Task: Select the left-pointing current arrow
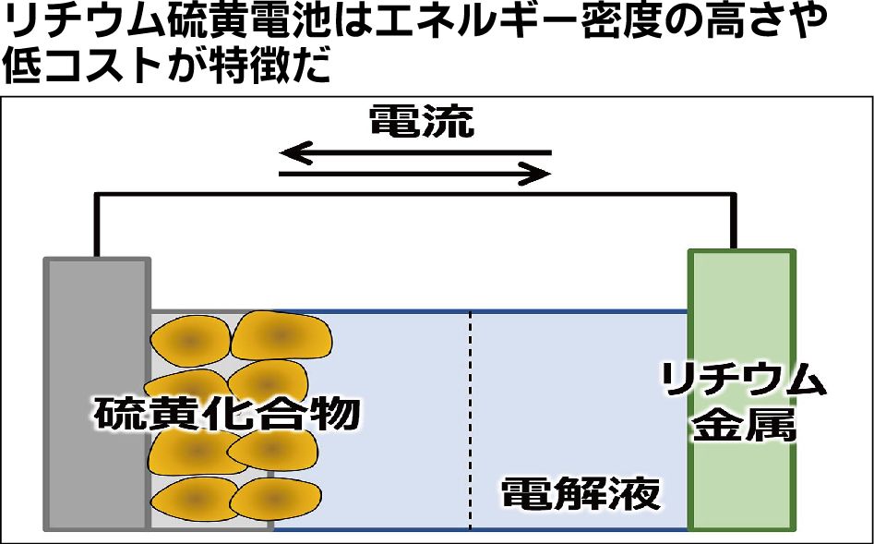415,152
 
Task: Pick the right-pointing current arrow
415,173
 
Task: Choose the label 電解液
581,494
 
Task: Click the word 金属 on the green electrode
742,426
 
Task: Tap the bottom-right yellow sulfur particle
273,500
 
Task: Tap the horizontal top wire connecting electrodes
415,195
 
